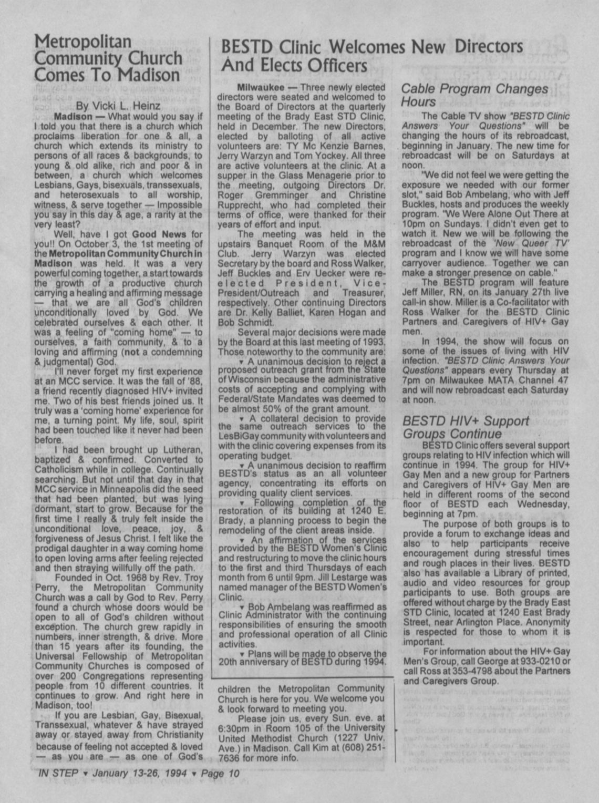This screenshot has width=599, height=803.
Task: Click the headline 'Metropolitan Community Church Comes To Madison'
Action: click(108, 58)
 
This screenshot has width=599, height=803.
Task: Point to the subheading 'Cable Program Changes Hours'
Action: click(474, 95)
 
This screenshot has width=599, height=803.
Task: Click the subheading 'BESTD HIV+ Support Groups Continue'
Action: click(466, 427)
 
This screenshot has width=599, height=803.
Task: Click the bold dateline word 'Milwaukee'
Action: click(257, 87)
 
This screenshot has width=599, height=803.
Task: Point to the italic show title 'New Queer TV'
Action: click(518, 243)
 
